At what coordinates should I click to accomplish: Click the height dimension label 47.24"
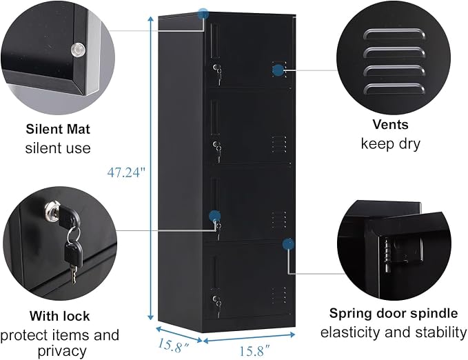(126, 172)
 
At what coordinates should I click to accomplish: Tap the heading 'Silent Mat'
(58, 129)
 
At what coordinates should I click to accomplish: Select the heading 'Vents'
(390, 124)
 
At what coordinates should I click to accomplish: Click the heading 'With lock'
(59, 316)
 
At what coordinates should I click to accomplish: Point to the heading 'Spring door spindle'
(394, 313)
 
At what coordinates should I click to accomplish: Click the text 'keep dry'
(390, 143)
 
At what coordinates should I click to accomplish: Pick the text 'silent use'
(58, 148)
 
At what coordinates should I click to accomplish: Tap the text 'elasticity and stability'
(394, 332)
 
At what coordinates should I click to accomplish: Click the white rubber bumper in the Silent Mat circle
(78, 50)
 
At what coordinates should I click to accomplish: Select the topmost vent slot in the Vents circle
(394, 34)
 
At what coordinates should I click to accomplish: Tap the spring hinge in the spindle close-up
(387, 254)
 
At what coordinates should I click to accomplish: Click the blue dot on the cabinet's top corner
(203, 14)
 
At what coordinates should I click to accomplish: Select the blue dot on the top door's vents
(278, 70)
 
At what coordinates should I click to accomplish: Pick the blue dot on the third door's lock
(214, 216)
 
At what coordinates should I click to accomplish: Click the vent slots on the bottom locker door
(278, 295)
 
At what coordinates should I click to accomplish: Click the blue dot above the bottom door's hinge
(288, 244)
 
